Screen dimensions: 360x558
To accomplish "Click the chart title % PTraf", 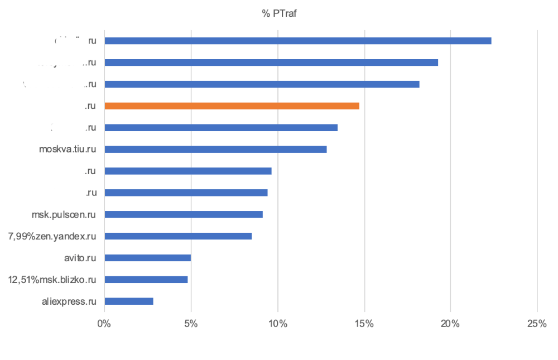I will coord(279,14).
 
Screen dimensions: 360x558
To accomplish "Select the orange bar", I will coord(232,105).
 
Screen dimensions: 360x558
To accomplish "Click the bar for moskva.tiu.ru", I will coord(215,149).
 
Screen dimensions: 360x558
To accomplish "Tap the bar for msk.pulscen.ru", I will coord(184,214).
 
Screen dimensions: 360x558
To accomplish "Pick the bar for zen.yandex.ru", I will coord(178,236).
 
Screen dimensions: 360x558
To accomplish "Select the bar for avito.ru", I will coord(147,258).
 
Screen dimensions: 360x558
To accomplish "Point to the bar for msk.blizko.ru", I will coord(146,280).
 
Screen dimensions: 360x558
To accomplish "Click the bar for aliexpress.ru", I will coord(128,301).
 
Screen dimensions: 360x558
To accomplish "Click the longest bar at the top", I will coord(298,41).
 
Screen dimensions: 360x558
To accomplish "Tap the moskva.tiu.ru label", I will coord(68,149).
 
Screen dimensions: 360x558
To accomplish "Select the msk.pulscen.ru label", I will coord(64,214).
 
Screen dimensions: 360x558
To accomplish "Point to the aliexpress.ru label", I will coord(69,301).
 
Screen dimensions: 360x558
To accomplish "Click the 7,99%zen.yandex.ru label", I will coord(52,236).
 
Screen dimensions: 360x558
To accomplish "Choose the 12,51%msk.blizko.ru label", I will coord(52,280).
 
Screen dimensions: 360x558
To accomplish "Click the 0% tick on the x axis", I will coord(104,324).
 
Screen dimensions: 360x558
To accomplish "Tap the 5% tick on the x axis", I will coord(191,324).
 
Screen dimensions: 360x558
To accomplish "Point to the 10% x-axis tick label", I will coord(277,324).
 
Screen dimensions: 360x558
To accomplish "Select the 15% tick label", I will coord(364,324).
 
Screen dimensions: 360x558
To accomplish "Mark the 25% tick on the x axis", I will coord(537,324).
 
